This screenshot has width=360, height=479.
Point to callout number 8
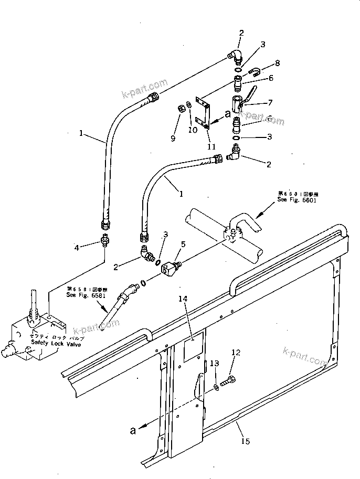pos(277,63)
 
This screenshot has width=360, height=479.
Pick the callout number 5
pos(183,244)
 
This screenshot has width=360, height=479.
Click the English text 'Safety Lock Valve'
pos(57,342)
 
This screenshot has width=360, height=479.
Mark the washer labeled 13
pos(217,388)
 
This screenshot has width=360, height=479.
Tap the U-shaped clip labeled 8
pos(256,72)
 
